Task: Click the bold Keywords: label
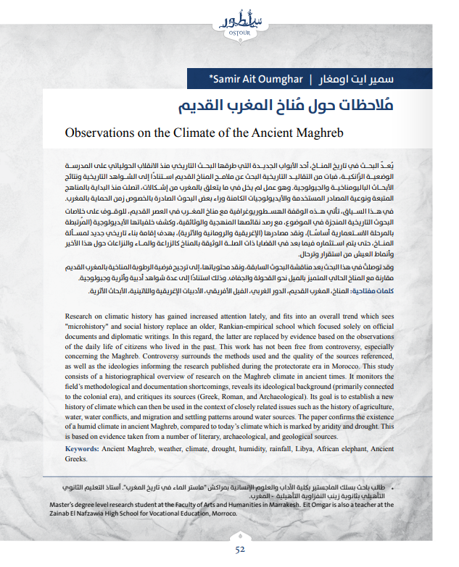point(79,449)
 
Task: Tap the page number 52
point(240,549)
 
